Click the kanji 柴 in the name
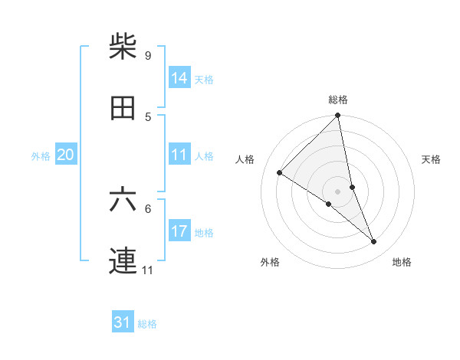(x=123, y=47)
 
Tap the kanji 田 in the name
(x=123, y=108)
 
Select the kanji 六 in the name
(x=123, y=200)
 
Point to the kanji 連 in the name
(x=123, y=261)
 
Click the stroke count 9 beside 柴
(x=148, y=55)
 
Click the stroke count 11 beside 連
(x=148, y=270)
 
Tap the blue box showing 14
(x=179, y=77)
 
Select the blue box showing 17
(x=179, y=231)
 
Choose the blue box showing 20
(x=65, y=155)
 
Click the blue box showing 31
(x=123, y=322)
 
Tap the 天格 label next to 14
(x=204, y=79)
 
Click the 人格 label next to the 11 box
(x=204, y=155)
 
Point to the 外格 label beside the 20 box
(x=41, y=155)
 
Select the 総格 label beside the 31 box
(x=147, y=324)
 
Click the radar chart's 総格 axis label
(x=338, y=100)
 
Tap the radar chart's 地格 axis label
(x=402, y=262)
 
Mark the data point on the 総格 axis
(x=338, y=116)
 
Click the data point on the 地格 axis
(x=374, y=241)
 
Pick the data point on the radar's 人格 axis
(x=280, y=173)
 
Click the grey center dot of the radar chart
(x=338, y=191)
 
